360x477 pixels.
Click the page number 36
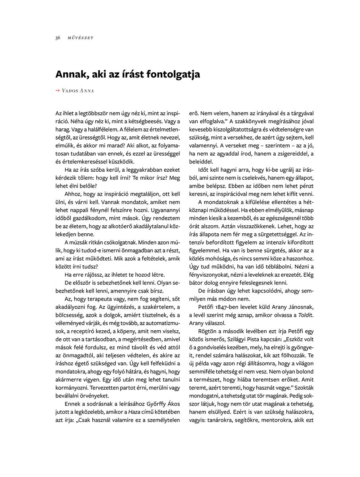click(58, 38)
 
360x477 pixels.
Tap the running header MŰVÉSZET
click(80, 38)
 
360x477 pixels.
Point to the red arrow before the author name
click(57, 91)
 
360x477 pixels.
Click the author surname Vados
click(70, 91)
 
